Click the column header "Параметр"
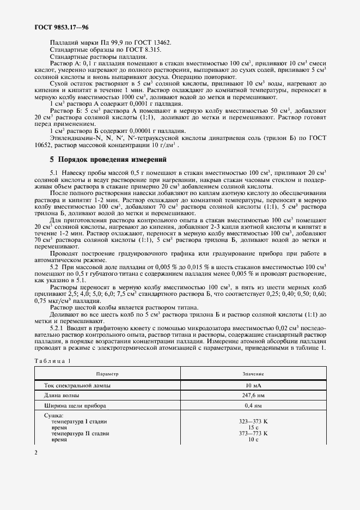(107, 374)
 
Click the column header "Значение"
(253, 374)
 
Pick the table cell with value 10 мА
(253, 385)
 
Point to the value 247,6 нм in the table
(253, 396)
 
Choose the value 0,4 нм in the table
(253, 406)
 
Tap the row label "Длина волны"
(62, 396)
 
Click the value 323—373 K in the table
(253, 422)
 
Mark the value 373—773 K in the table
(253, 434)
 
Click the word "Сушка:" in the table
(54, 416)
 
